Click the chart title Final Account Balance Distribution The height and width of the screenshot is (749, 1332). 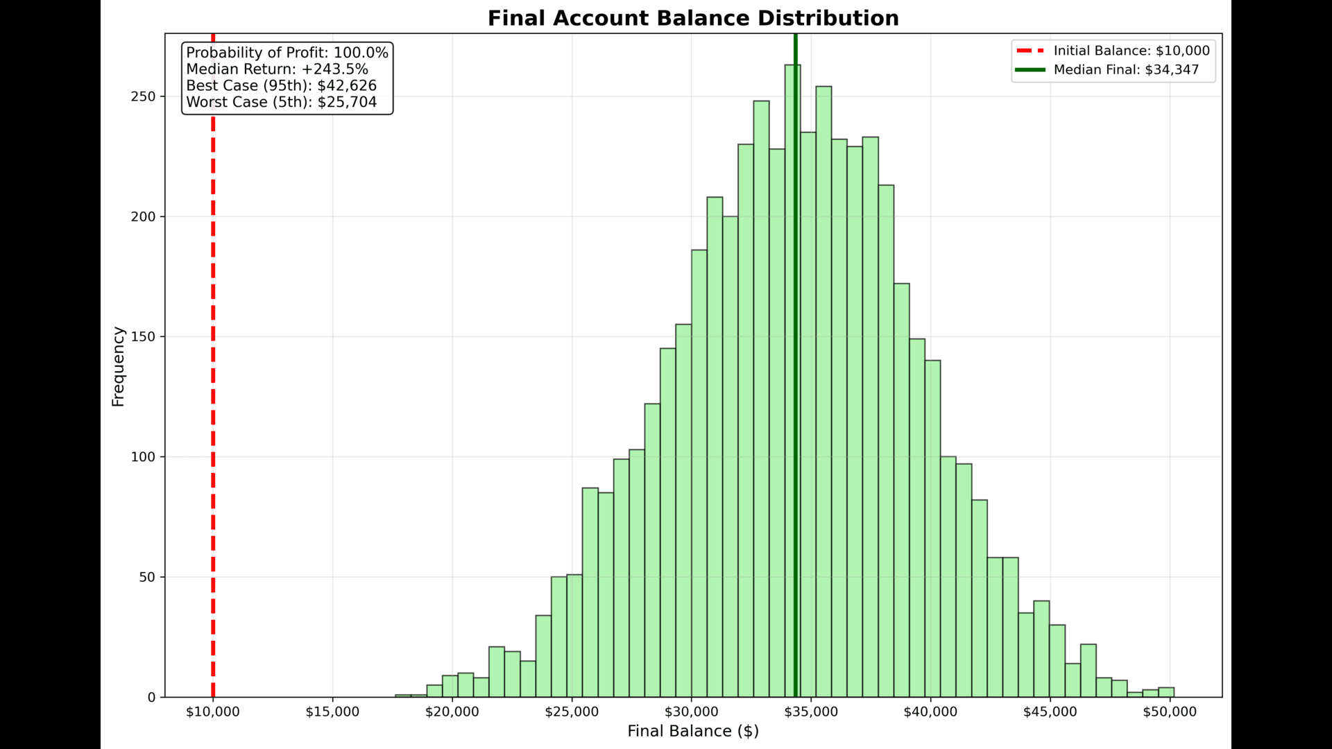(x=692, y=18)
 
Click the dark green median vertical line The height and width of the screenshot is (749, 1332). (x=796, y=277)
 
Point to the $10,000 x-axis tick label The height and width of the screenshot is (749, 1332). (x=213, y=712)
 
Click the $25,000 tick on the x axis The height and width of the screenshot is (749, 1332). (x=572, y=712)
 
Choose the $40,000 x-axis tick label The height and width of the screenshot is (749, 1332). (x=930, y=712)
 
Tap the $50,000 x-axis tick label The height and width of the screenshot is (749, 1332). (x=1170, y=712)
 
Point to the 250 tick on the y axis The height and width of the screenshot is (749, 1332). (x=144, y=96)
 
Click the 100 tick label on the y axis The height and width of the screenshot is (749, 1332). (x=144, y=457)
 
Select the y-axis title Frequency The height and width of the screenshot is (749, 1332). (x=118, y=366)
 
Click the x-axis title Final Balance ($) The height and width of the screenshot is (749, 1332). (x=692, y=731)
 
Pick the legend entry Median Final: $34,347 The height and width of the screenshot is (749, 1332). (x=1125, y=69)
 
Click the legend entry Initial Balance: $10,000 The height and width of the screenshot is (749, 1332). (x=1131, y=51)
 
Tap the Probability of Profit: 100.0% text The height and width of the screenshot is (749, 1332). (x=287, y=53)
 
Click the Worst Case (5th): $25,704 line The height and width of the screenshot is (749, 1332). (x=281, y=102)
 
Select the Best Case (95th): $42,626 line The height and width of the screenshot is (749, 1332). (x=281, y=85)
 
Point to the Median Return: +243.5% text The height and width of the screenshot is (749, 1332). (x=277, y=69)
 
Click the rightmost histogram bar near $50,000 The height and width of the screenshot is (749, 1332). (x=1166, y=692)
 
